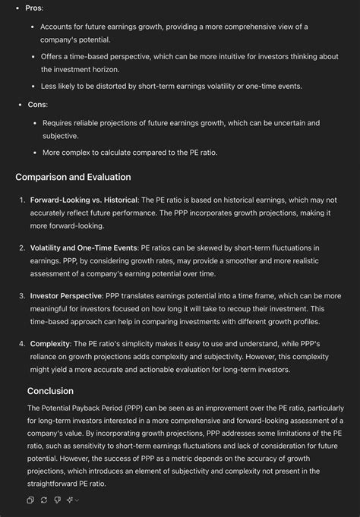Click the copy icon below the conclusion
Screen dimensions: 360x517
click(x=30, y=500)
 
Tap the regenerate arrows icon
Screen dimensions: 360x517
click(x=44, y=500)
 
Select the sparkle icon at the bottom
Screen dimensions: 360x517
click(x=70, y=500)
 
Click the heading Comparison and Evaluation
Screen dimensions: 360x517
click(x=73, y=177)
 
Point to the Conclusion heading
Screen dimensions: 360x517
click(x=50, y=391)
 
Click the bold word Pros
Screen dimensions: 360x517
click(x=33, y=8)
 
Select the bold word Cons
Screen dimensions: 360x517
click(x=36, y=104)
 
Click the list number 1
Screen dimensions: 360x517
click(x=22, y=200)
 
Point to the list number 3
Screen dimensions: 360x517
click(x=22, y=295)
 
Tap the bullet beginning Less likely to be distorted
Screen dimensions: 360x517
click(x=172, y=86)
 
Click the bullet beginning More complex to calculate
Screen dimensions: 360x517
click(x=129, y=153)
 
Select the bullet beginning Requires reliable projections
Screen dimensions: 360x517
click(x=181, y=122)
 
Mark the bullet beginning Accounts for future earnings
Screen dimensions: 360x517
click(x=175, y=27)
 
